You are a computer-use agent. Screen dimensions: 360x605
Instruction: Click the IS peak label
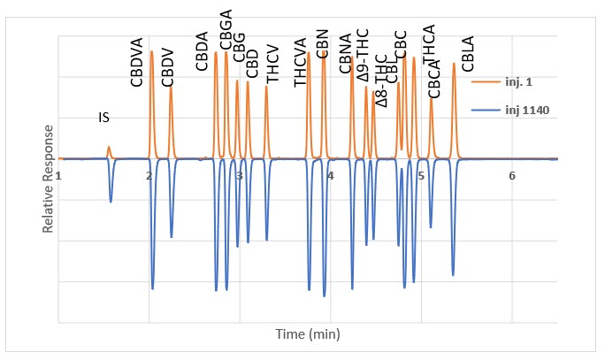click(x=104, y=117)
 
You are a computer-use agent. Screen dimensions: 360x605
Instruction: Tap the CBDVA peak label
click(x=136, y=67)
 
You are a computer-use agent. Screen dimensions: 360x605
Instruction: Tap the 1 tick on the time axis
click(x=58, y=176)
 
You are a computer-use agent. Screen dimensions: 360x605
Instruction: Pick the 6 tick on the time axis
click(x=512, y=176)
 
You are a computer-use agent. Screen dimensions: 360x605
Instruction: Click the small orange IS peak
click(x=109, y=148)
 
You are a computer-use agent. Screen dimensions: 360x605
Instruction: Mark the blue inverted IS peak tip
click(x=111, y=202)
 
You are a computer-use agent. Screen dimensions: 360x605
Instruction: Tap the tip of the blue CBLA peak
click(x=454, y=275)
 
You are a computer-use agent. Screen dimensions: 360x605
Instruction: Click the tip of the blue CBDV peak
click(x=172, y=237)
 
